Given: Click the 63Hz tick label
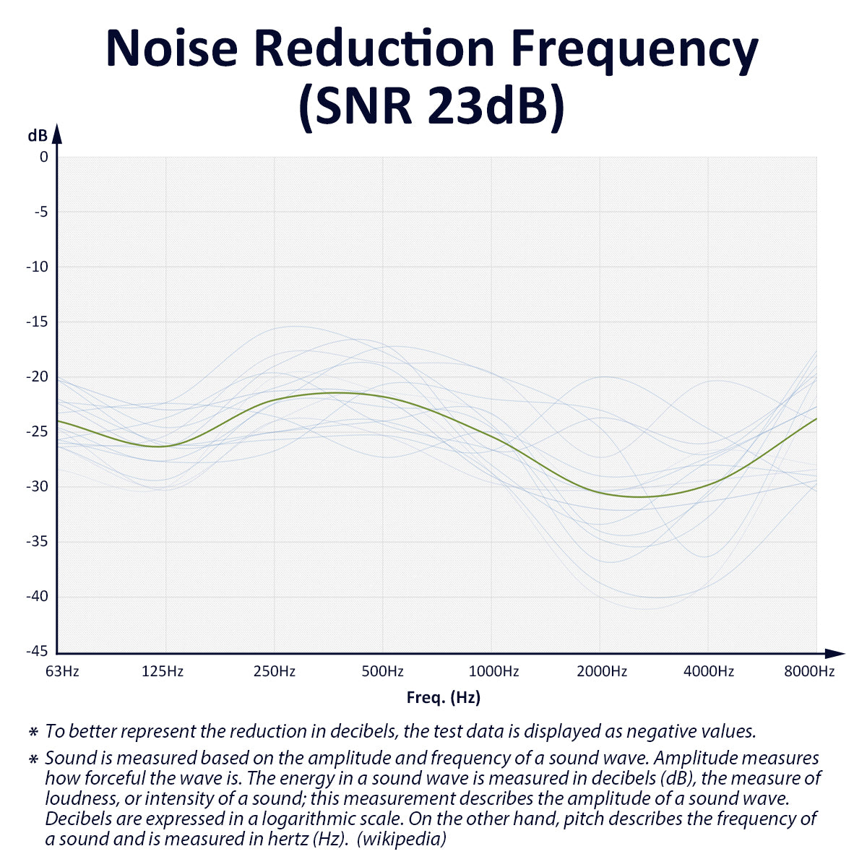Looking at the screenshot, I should [x=62, y=671].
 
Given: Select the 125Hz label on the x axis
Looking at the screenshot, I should [x=163, y=671].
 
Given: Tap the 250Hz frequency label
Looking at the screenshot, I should [x=275, y=671].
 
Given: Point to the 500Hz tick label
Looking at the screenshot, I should [x=383, y=671].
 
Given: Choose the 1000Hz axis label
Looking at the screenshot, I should [x=494, y=671].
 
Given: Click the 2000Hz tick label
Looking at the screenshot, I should [x=602, y=671].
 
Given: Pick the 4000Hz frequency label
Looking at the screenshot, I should [x=709, y=671].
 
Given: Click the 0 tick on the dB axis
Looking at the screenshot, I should [x=44, y=157].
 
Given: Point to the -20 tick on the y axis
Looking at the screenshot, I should [x=37, y=376].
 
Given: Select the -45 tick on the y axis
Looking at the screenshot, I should [x=37, y=651].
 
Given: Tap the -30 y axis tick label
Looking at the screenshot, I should [x=37, y=486].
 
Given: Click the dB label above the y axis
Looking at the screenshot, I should [x=38, y=135].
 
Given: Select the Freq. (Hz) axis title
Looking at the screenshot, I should [x=444, y=697].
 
